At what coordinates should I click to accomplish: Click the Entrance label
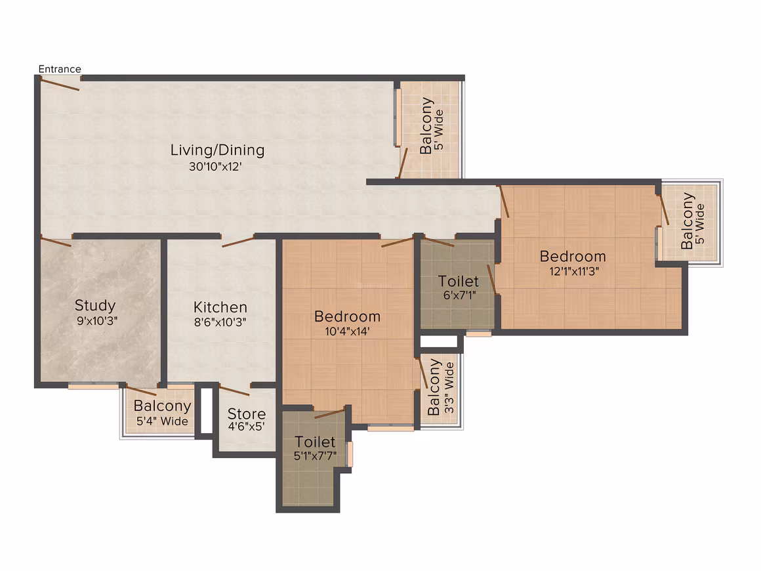click(60, 69)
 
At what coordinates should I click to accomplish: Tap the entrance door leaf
click(60, 85)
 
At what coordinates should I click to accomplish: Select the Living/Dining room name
click(217, 150)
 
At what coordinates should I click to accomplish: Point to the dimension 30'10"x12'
click(215, 167)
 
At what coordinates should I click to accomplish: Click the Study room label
click(95, 305)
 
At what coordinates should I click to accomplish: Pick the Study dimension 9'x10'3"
click(97, 321)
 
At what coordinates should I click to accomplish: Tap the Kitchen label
click(220, 307)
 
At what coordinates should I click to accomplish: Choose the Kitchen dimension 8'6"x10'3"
click(220, 322)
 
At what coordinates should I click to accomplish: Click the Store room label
click(247, 413)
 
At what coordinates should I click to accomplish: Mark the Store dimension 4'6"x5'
click(247, 427)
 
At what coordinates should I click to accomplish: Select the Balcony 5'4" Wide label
click(162, 413)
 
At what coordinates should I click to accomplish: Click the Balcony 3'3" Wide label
click(441, 387)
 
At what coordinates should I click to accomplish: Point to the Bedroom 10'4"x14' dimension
click(347, 331)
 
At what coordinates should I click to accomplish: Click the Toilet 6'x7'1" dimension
click(459, 295)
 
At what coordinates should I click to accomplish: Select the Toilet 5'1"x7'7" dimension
click(315, 456)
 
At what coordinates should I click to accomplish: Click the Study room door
click(56, 242)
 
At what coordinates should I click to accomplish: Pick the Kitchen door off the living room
click(237, 242)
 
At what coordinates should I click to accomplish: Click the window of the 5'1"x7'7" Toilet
click(350, 454)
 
